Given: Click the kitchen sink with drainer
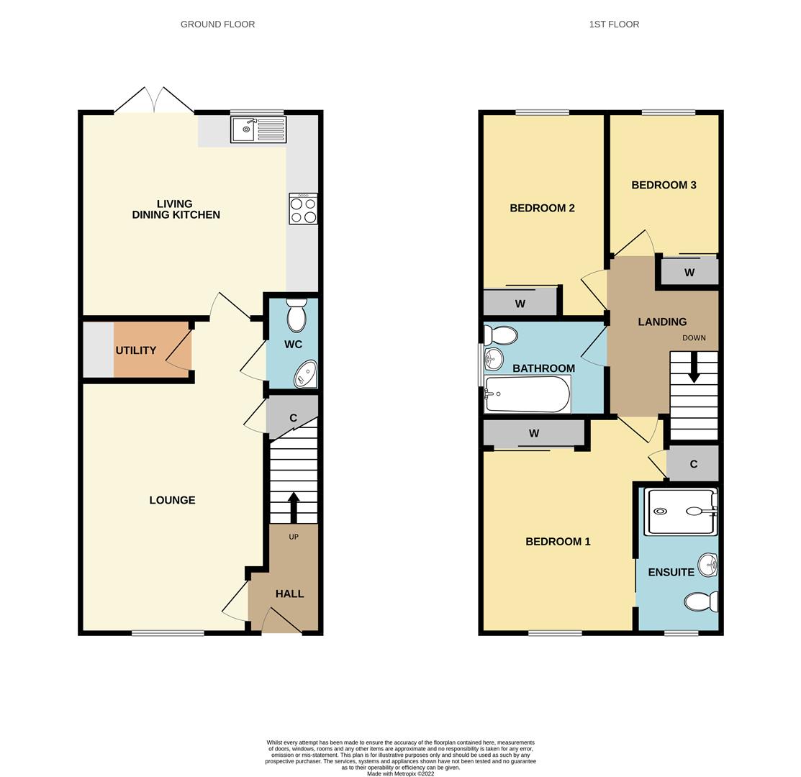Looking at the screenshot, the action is pyautogui.click(x=258, y=129).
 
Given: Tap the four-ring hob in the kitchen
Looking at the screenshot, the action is pyautogui.click(x=303, y=209).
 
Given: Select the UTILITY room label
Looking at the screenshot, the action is pyautogui.click(x=136, y=350).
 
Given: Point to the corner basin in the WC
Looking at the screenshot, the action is pyautogui.click(x=306, y=374).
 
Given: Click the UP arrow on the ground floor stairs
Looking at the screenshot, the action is pyautogui.click(x=294, y=507).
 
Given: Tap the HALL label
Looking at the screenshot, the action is pyautogui.click(x=289, y=594).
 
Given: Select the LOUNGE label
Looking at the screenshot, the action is pyautogui.click(x=172, y=500).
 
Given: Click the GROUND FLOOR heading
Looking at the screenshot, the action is pyautogui.click(x=217, y=24).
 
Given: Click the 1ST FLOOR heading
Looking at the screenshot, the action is pyautogui.click(x=614, y=24).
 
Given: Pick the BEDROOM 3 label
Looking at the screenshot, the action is pyautogui.click(x=664, y=185).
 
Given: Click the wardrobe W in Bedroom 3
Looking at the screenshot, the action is pyautogui.click(x=689, y=272).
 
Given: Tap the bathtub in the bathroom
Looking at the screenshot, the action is pyautogui.click(x=528, y=394).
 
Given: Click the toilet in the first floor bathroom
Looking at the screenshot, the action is pyautogui.click(x=501, y=335).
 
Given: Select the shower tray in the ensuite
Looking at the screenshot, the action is pyautogui.click(x=681, y=512).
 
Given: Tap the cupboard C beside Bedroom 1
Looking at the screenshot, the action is pyautogui.click(x=693, y=464).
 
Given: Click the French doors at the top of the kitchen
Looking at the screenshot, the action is pyautogui.click(x=154, y=100).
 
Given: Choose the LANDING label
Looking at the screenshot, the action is pyautogui.click(x=662, y=322).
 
